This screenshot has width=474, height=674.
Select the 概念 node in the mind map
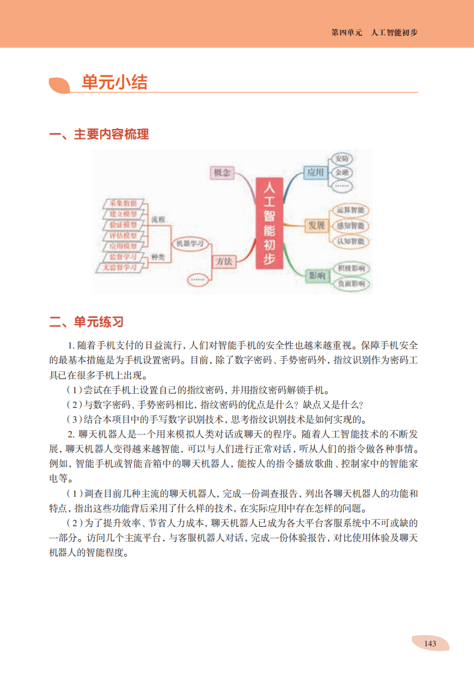(x=222, y=172)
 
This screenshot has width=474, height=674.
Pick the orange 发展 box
(x=316, y=225)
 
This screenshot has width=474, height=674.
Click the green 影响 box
(x=317, y=275)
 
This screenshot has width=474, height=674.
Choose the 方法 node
(x=224, y=260)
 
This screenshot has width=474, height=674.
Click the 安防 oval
(x=342, y=159)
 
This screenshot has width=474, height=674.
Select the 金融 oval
(x=342, y=172)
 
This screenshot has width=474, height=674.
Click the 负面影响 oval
(x=351, y=284)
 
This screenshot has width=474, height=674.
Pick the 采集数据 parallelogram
(x=124, y=203)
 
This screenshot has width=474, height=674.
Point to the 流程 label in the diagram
(x=157, y=219)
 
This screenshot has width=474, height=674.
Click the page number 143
(x=430, y=643)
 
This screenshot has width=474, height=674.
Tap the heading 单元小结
(x=114, y=82)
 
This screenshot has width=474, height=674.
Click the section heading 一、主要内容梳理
(x=99, y=134)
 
